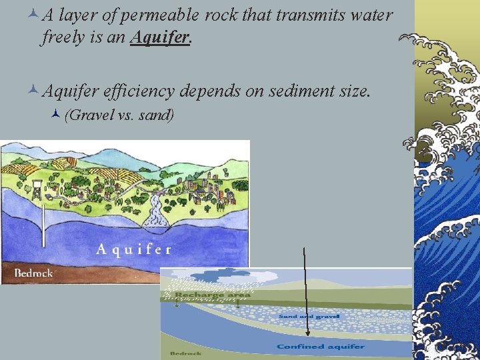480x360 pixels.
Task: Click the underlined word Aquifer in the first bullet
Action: point(161,37)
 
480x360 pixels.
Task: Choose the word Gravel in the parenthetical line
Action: point(91,115)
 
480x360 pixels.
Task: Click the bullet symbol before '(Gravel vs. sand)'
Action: point(56,114)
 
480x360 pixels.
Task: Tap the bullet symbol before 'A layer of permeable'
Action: point(33,15)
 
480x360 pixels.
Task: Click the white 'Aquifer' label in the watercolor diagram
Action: point(133,249)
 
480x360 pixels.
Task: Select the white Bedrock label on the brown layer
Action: point(33,273)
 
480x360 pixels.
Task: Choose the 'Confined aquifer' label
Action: point(321,347)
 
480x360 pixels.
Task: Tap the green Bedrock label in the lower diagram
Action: point(182,353)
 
